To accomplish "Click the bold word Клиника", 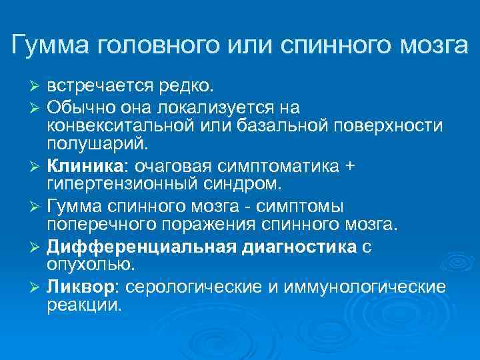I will tap(78, 165).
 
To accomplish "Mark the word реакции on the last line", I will tap(85, 305).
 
